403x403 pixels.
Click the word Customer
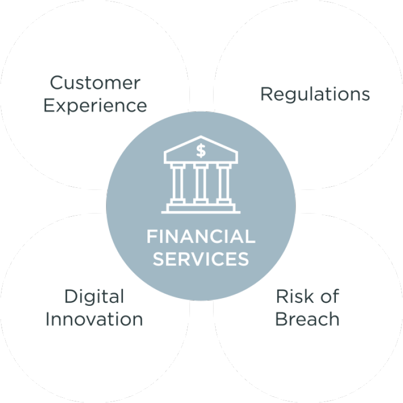[x=95, y=83]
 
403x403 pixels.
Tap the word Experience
[x=95, y=106]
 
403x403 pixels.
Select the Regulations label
[x=315, y=94]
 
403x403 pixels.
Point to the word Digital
[x=94, y=297]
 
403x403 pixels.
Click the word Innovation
[x=94, y=319]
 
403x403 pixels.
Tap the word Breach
[x=307, y=319]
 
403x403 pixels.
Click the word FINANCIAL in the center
[x=201, y=237]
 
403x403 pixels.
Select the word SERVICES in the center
[x=201, y=258]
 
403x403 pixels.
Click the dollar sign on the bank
[x=201, y=151]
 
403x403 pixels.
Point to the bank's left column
[x=177, y=183]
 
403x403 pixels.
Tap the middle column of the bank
[x=201, y=183]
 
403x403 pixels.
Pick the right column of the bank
[x=224, y=183]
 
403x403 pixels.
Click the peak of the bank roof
[x=201, y=136]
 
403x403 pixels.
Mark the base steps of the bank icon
[x=201, y=208]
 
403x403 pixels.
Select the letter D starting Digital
[x=71, y=296]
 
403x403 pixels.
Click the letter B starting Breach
[x=282, y=319]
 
